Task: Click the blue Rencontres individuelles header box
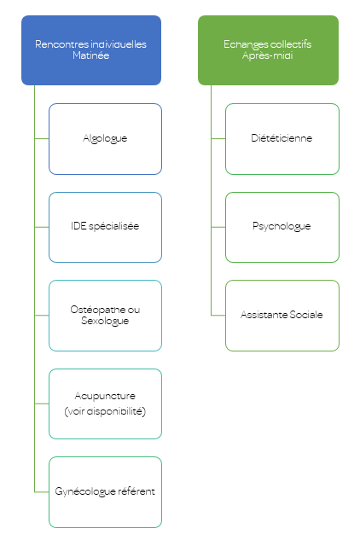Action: coord(91,49)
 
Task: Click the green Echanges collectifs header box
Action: coord(268,49)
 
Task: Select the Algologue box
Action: coord(105,138)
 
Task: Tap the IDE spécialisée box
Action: coord(105,227)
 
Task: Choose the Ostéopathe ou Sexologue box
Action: coord(105,316)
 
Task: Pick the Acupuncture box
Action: coord(105,404)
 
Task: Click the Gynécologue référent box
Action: coord(105,492)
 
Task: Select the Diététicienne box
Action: coord(282,138)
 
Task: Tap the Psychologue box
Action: coord(282,227)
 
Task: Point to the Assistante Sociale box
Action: coord(282,315)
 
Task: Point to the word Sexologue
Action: coord(105,322)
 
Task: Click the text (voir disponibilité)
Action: coord(105,411)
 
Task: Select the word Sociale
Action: coord(305,315)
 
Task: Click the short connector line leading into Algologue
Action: coord(41,138)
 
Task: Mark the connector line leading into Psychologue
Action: coord(218,227)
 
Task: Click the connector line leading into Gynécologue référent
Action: coord(41,492)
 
